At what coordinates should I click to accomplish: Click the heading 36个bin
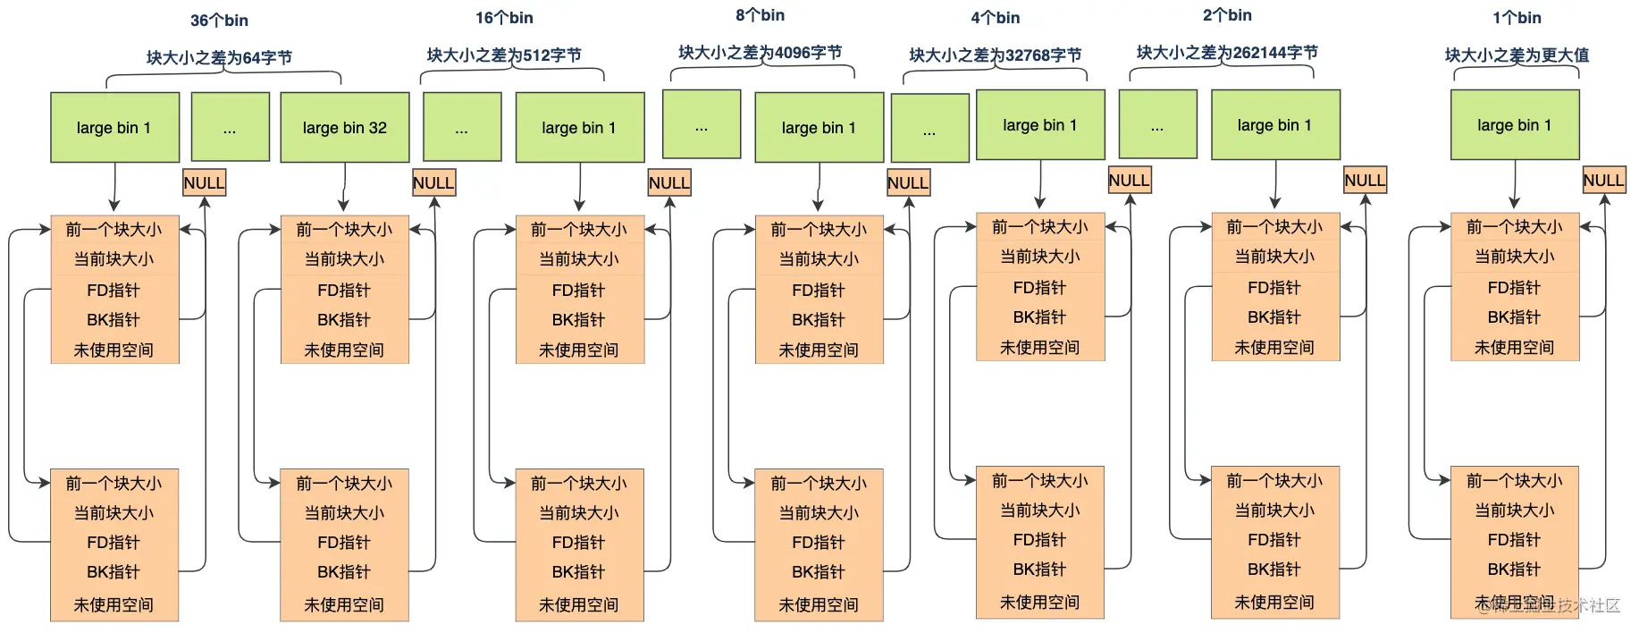pyautogui.click(x=219, y=21)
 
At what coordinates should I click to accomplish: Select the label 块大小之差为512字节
pyautogui.click(x=504, y=55)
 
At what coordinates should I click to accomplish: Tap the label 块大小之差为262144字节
pyautogui.click(x=1227, y=53)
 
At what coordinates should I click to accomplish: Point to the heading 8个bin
pyautogui.click(x=760, y=15)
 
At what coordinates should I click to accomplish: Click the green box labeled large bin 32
pyautogui.click(x=345, y=128)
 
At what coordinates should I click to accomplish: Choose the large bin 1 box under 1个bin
pyautogui.click(x=1515, y=125)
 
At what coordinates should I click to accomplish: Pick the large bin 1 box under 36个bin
pyautogui.click(x=114, y=128)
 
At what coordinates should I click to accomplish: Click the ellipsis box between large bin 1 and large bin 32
pyautogui.click(x=231, y=127)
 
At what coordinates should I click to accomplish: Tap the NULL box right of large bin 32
pyautogui.click(x=433, y=182)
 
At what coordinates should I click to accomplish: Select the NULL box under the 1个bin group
pyautogui.click(x=1603, y=180)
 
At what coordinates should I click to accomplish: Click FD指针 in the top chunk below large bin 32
pyautogui.click(x=344, y=291)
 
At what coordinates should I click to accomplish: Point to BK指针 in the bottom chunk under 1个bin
pyautogui.click(x=1514, y=570)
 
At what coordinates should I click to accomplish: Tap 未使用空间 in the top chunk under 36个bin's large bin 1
pyautogui.click(x=113, y=350)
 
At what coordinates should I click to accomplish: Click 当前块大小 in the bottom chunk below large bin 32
pyautogui.click(x=344, y=513)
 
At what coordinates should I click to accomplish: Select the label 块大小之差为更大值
pyautogui.click(x=1517, y=55)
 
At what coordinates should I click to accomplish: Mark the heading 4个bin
pyautogui.click(x=996, y=18)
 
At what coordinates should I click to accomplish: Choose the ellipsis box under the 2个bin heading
pyautogui.click(x=1157, y=125)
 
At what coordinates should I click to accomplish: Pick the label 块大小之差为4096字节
pyautogui.click(x=760, y=53)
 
